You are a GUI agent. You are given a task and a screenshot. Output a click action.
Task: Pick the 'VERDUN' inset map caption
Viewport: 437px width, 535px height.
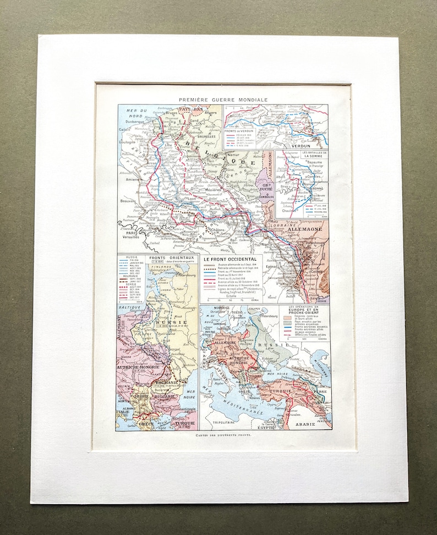point(305,145)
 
